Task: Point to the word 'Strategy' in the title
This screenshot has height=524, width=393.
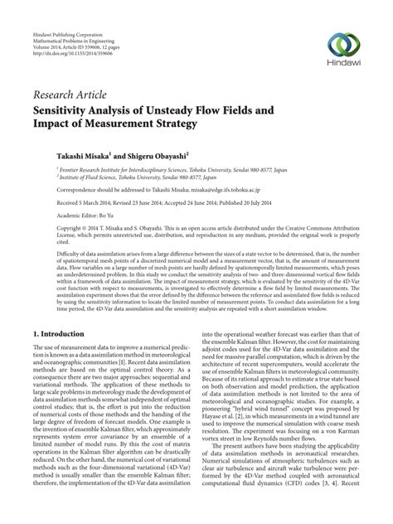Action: pyautogui.click(x=170, y=124)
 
